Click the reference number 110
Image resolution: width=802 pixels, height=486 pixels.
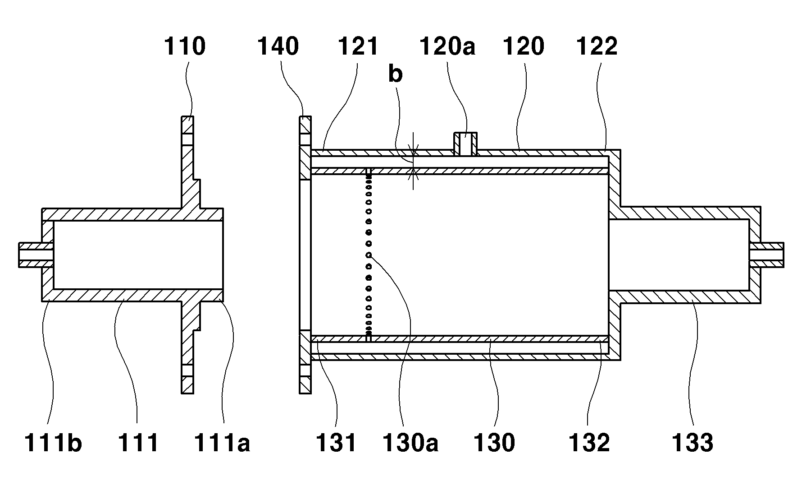(184, 46)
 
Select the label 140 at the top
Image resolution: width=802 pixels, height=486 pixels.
(278, 46)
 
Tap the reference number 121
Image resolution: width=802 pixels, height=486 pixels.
(358, 46)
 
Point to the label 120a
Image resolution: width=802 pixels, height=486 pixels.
(447, 46)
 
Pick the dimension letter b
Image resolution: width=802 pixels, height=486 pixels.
(395, 74)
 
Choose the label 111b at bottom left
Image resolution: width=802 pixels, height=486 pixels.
(53, 442)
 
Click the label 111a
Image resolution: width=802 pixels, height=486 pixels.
(222, 442)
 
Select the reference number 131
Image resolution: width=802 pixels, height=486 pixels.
(336, 442)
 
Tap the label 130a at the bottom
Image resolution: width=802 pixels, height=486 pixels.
(410, 442)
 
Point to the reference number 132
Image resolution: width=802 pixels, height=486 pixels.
(588, 442)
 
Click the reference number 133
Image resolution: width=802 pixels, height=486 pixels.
(693, 442)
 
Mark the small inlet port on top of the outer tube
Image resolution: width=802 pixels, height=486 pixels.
(465, 143)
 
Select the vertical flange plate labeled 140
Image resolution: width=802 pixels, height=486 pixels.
(305, 255)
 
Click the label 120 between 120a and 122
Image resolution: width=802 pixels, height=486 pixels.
(523, 46)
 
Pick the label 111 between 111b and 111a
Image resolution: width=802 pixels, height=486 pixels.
(138, 442)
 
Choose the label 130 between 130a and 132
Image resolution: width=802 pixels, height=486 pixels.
(494, 442)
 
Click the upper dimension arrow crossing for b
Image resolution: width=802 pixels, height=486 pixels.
(413, 150)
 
